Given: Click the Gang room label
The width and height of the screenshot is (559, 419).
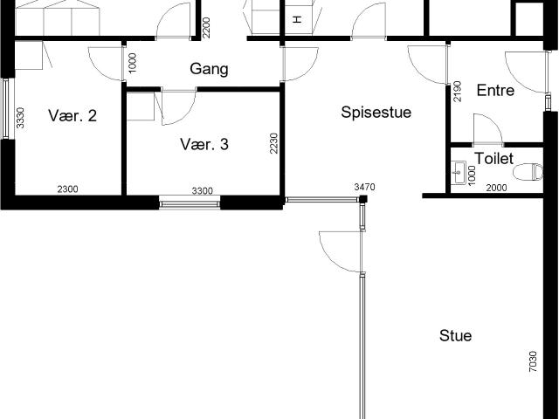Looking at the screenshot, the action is coord(209,69).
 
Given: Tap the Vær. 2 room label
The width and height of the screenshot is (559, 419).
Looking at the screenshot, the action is coord(72,116).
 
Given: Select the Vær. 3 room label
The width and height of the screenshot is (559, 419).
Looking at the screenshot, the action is coord(204,144).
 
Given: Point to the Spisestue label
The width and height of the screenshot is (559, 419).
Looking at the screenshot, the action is coord(376,113).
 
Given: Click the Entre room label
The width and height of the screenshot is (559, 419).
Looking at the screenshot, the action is coord(495,91).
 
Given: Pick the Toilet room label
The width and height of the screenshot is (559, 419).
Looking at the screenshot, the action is coord(494,159).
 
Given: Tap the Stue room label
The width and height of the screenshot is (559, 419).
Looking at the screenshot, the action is coord(456,335).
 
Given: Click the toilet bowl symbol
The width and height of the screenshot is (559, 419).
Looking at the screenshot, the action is coord(528,172).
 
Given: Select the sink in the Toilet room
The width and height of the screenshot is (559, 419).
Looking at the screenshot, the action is coord(459,173).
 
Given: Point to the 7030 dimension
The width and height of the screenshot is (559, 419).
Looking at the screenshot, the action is coord(533,361).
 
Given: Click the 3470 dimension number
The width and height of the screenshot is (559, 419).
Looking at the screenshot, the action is coord(365,187).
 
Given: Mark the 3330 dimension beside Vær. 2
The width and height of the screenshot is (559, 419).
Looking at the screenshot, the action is coord(21,118).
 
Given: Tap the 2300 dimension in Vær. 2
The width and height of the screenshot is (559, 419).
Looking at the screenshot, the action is coord(68,189).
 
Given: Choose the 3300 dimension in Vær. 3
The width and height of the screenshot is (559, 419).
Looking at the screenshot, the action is coord(203,191).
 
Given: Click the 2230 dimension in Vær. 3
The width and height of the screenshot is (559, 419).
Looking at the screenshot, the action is coord(273,143).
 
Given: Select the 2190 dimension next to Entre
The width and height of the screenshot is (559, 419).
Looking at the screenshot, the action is coord(457,92).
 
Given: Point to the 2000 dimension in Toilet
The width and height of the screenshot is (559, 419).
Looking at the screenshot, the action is coord(497,188).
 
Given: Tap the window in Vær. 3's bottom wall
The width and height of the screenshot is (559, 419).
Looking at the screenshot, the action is coord(190,204).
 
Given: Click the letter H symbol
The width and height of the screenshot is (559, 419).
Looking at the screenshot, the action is coord(297,19).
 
